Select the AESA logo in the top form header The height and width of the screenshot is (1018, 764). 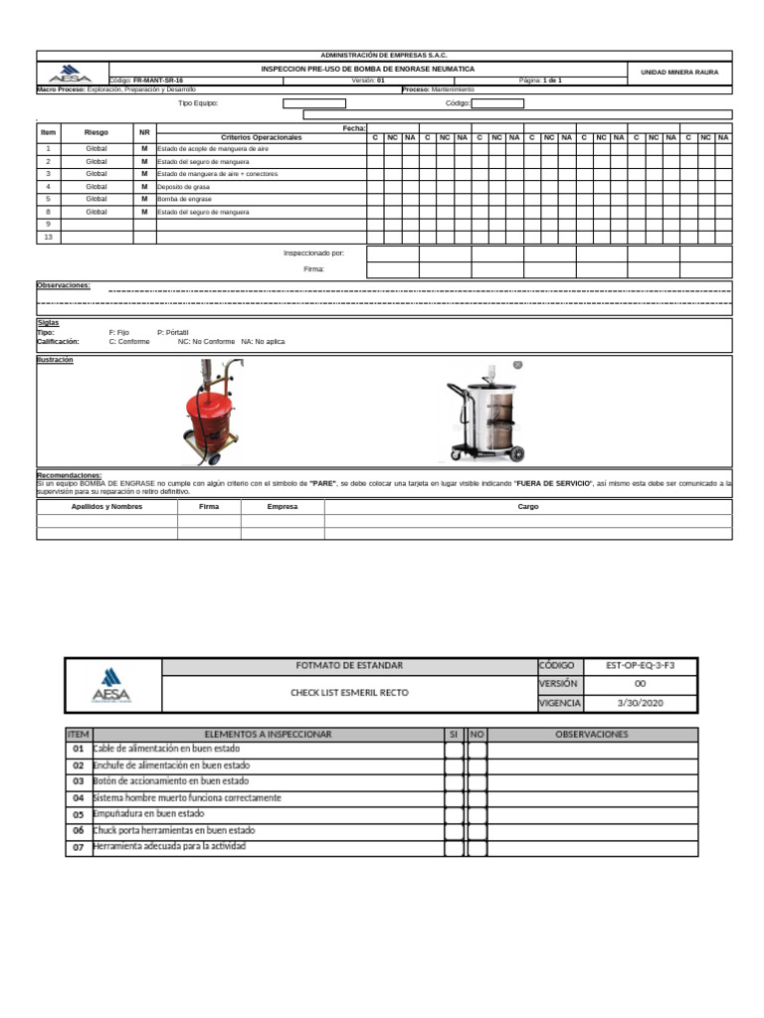pos(70,75)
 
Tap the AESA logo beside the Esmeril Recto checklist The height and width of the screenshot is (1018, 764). pos(110,685)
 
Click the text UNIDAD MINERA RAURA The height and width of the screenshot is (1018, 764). pos(679,73)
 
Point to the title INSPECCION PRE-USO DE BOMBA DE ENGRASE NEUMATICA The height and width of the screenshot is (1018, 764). pos(367,69)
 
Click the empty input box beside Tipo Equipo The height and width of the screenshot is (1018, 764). pos(313,102)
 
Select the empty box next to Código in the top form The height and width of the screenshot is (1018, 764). pos(496,102)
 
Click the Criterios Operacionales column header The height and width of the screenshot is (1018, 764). pos(262,137)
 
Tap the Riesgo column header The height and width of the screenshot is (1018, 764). pos(96,132)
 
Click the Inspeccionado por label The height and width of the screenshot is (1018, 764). pos(313,253)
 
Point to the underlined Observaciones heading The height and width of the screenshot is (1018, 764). pos(63,285)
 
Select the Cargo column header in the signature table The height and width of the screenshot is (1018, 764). pos(527,506)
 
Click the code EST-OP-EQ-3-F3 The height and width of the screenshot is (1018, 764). pos(640,665)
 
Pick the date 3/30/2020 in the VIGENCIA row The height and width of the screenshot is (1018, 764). pos(640,702)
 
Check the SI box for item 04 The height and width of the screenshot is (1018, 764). pos(454,798)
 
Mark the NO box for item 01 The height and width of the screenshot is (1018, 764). pos(477,750)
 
